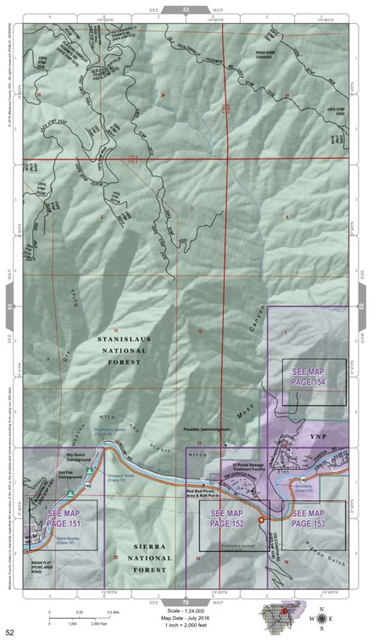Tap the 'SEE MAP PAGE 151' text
coord(65,518)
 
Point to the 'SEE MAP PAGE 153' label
coord(308,519)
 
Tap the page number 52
coord(9,633)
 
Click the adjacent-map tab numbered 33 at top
coord(186,8)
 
